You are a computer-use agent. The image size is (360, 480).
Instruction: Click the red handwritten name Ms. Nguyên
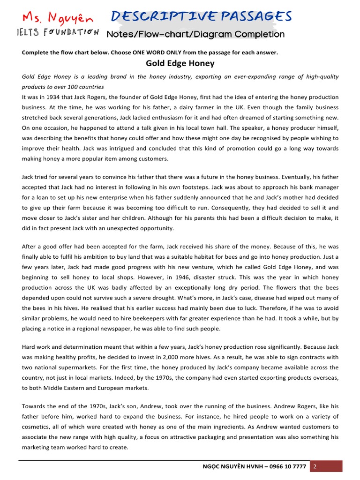(x=58, y=18)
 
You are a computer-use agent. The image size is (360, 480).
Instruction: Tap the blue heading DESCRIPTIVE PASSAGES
(x=201, y=16)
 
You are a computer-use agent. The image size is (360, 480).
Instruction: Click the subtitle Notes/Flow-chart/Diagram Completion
(x=195, y=34)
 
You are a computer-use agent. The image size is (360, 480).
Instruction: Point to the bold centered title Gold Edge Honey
(x=180, y=63)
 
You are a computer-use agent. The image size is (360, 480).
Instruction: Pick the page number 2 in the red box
(x=315, y=466)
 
